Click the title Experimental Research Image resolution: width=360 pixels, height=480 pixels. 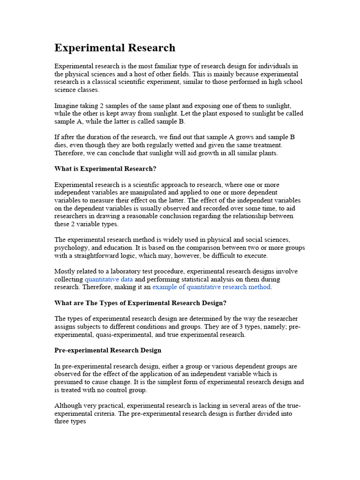coord(115,48)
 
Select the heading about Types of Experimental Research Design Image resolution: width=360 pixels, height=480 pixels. coord(141,303)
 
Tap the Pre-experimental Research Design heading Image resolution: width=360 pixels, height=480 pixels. coord(108,350)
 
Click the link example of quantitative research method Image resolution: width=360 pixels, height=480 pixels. coord(211,287)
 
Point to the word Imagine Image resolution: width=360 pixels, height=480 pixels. coord(67,106)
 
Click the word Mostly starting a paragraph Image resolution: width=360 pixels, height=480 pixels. coord(65,271)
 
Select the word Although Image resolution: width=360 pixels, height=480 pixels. coord(68,405)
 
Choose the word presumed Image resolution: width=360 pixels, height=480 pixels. coord(70,382)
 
